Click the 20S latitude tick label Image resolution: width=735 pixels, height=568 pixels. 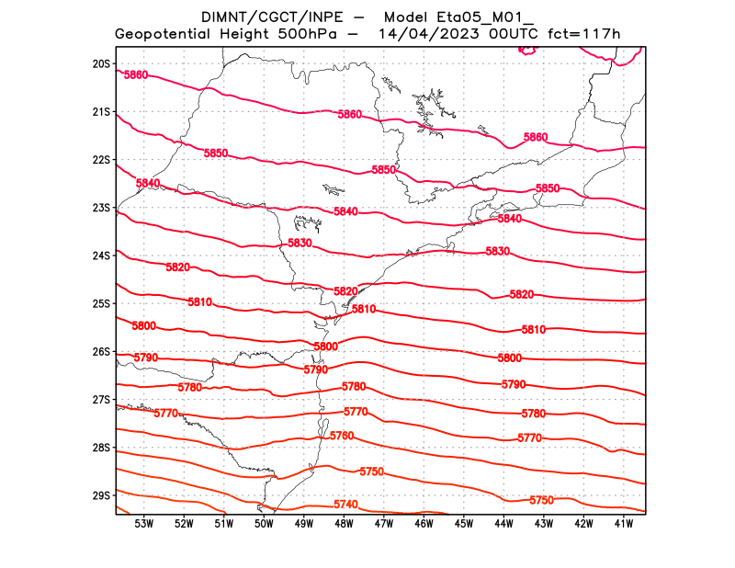(101, 64)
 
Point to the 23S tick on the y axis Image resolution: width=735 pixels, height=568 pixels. (101, 208)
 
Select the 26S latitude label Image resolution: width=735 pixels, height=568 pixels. (101, 352)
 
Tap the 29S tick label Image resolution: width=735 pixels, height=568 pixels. (101, 495)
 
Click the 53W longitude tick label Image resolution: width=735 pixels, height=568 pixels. (143, 524)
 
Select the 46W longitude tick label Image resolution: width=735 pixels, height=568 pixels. (424, 524)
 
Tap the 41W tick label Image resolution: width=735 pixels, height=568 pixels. (624, 524)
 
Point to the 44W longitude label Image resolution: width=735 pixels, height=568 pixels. (503, 524)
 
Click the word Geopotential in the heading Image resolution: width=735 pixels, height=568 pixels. (165, 35)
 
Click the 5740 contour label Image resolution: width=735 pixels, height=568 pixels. (345, 505)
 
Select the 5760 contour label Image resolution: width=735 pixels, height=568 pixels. (342, 436)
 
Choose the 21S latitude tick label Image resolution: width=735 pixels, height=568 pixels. (101, 112)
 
